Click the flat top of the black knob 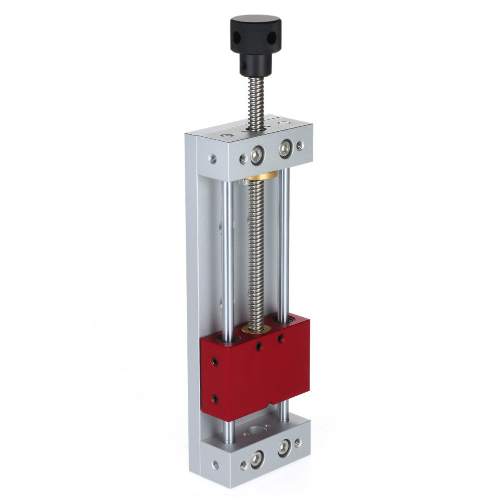[x=256, y=23]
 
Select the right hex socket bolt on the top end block [x=285, y=148]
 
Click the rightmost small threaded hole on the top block [x=300, y=145]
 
